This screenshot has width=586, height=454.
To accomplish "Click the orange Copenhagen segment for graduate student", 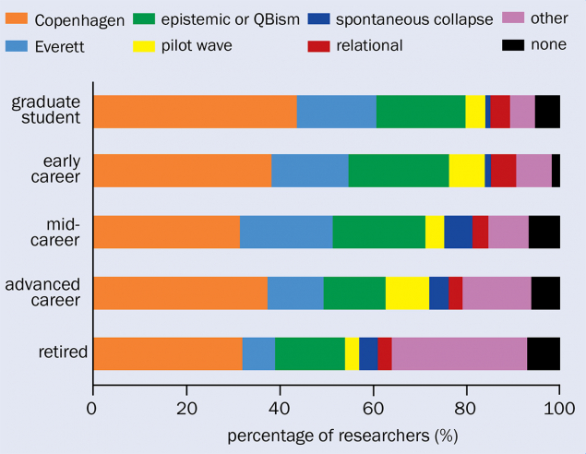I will (x=195, y=111).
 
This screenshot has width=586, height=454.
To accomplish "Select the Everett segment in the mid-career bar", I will (x=286, y=232).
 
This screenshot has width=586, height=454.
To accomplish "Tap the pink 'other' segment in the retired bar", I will (x=459, y=353).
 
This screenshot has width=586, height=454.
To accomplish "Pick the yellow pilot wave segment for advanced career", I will (x=407, y=293).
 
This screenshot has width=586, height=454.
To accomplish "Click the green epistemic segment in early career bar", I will (x=398, y=171).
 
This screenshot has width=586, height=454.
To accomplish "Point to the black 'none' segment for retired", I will (x=543, y=353).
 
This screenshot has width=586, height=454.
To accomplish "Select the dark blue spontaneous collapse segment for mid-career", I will (x=458, y=232).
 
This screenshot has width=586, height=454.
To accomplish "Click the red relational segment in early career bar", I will (x=503, y=171).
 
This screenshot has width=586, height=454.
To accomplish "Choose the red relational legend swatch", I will (x=353, y=43).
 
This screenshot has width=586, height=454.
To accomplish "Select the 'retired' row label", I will (x=63, y=353).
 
